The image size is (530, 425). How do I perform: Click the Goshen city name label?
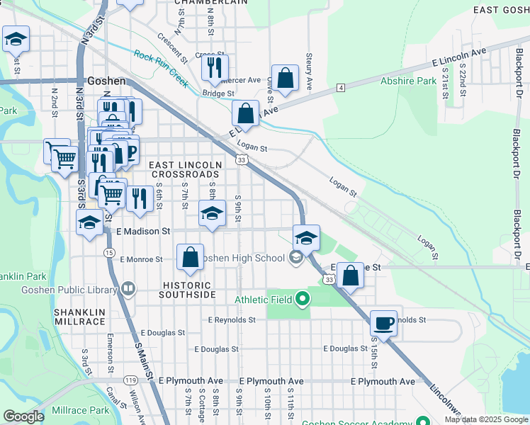106,81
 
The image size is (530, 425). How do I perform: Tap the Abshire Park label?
408,81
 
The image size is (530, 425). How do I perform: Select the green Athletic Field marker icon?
303,300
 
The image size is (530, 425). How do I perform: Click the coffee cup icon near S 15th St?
383,323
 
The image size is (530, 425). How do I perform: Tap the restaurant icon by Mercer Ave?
213,67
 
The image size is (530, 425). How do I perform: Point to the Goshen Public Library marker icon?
128,288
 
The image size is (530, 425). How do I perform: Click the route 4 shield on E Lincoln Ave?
341,87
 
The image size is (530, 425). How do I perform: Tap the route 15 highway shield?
108,252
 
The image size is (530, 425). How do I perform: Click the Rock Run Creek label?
162,69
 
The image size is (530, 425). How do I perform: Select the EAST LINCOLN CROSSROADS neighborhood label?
184,169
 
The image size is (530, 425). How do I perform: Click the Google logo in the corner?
23,416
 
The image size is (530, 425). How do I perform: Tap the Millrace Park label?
79,410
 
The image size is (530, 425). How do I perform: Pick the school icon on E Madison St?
211,214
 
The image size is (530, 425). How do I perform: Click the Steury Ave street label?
309,70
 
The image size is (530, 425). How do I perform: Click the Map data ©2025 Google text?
485,419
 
